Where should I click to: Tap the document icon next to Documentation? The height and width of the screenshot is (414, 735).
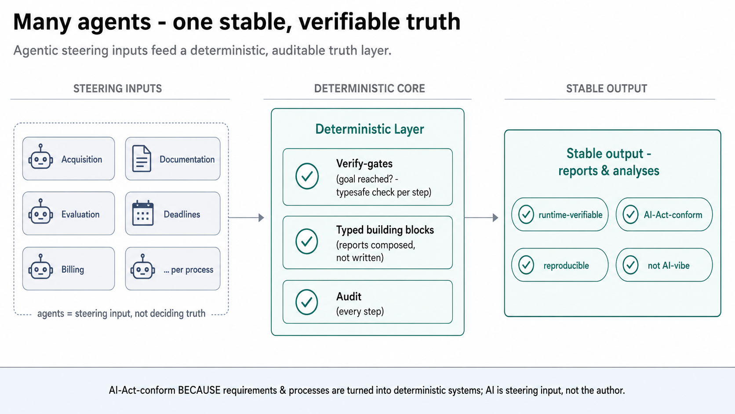point(142,158)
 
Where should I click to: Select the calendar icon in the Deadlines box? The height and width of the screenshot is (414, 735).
point(143,213)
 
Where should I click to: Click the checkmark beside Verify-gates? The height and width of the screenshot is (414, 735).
point(307,176)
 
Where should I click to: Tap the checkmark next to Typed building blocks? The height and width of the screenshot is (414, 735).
point(307,241)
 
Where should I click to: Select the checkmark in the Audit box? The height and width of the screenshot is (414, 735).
point(307,302)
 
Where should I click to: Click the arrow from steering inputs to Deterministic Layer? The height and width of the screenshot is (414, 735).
point(247,217)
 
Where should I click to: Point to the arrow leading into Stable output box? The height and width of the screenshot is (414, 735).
point(481,217)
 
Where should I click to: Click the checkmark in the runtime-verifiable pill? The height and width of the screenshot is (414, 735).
point(526,214)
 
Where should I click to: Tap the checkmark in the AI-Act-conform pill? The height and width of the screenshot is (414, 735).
point(630,214)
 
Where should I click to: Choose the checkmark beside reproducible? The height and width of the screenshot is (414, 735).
point(526,265)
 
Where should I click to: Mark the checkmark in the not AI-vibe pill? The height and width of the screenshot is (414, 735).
point(630,265)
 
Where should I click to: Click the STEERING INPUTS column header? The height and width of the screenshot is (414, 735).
point(117,88)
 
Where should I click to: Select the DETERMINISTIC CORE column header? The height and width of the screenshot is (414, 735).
point(369,88)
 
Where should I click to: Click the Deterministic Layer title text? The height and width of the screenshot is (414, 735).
point(369,129)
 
